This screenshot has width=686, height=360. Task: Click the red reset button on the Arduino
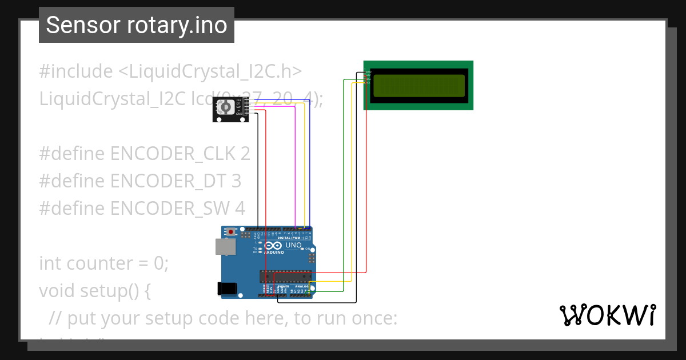(231, 232)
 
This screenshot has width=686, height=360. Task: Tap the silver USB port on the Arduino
(224, 246)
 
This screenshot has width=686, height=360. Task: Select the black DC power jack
(229, 289)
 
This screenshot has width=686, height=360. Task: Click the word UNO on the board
(293, 245)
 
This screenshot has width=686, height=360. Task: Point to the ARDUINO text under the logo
(274, 252)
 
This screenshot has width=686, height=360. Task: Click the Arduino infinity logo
(275, 246)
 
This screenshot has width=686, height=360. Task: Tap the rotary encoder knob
(225, 106)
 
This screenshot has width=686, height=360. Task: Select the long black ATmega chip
(286, 277)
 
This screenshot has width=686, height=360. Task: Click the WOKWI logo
(607, 315)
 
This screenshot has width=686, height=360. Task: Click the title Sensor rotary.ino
(136, 25)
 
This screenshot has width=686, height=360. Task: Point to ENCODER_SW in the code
(170, 209)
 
